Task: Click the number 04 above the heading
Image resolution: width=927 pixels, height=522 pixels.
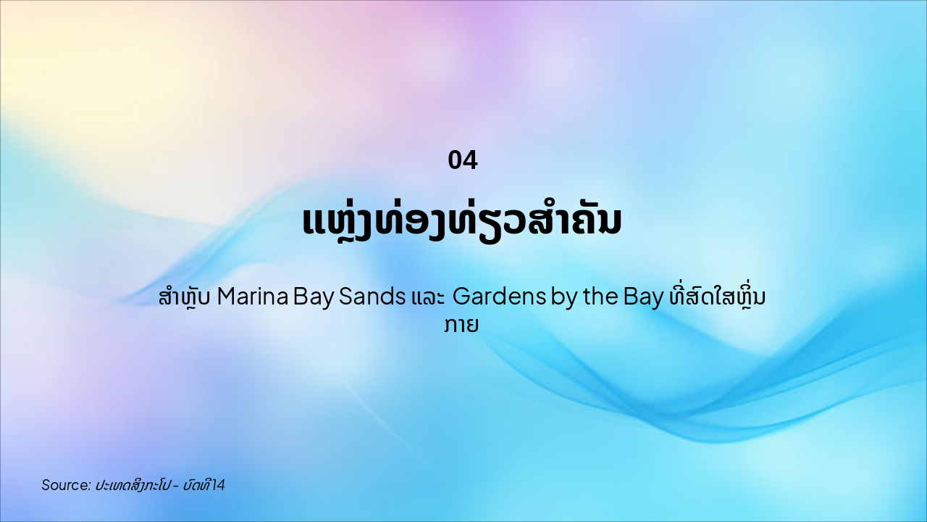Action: click(x=463, y=160)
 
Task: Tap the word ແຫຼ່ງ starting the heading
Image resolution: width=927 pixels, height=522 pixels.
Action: click(x=341, y=220)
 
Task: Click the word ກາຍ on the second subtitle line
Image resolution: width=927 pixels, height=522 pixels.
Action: click(x=463, y=326)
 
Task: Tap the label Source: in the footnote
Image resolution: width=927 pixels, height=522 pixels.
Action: click(x=66, y=485)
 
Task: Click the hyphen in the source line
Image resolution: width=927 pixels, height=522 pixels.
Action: click(x=176, y=485)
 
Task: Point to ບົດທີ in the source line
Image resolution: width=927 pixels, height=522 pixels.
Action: click(x=197, y=485)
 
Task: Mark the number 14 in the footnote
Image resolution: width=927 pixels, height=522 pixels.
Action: click(x=219, y=485)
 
